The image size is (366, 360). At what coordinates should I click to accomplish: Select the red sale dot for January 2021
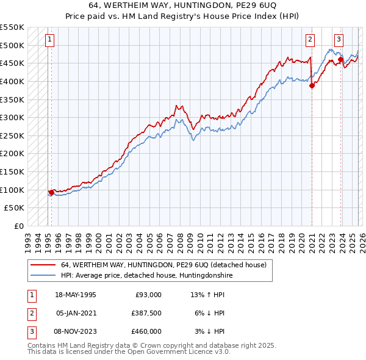coord(312,85)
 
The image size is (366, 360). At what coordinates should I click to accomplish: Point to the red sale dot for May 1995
coord(51,192)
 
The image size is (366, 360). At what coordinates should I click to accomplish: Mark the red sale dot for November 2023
coord(340,59)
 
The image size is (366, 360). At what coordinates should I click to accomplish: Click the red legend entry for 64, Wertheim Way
coord(163,265)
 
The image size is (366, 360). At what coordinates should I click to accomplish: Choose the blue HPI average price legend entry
coord(146,276)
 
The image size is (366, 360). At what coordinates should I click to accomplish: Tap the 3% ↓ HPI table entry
coord(210,331)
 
